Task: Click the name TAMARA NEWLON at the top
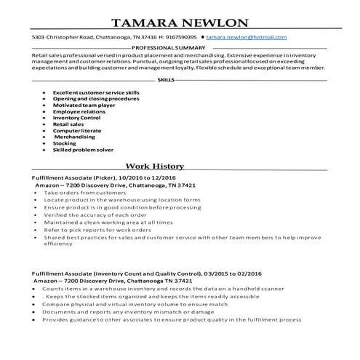180,23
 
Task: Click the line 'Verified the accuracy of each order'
96,215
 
